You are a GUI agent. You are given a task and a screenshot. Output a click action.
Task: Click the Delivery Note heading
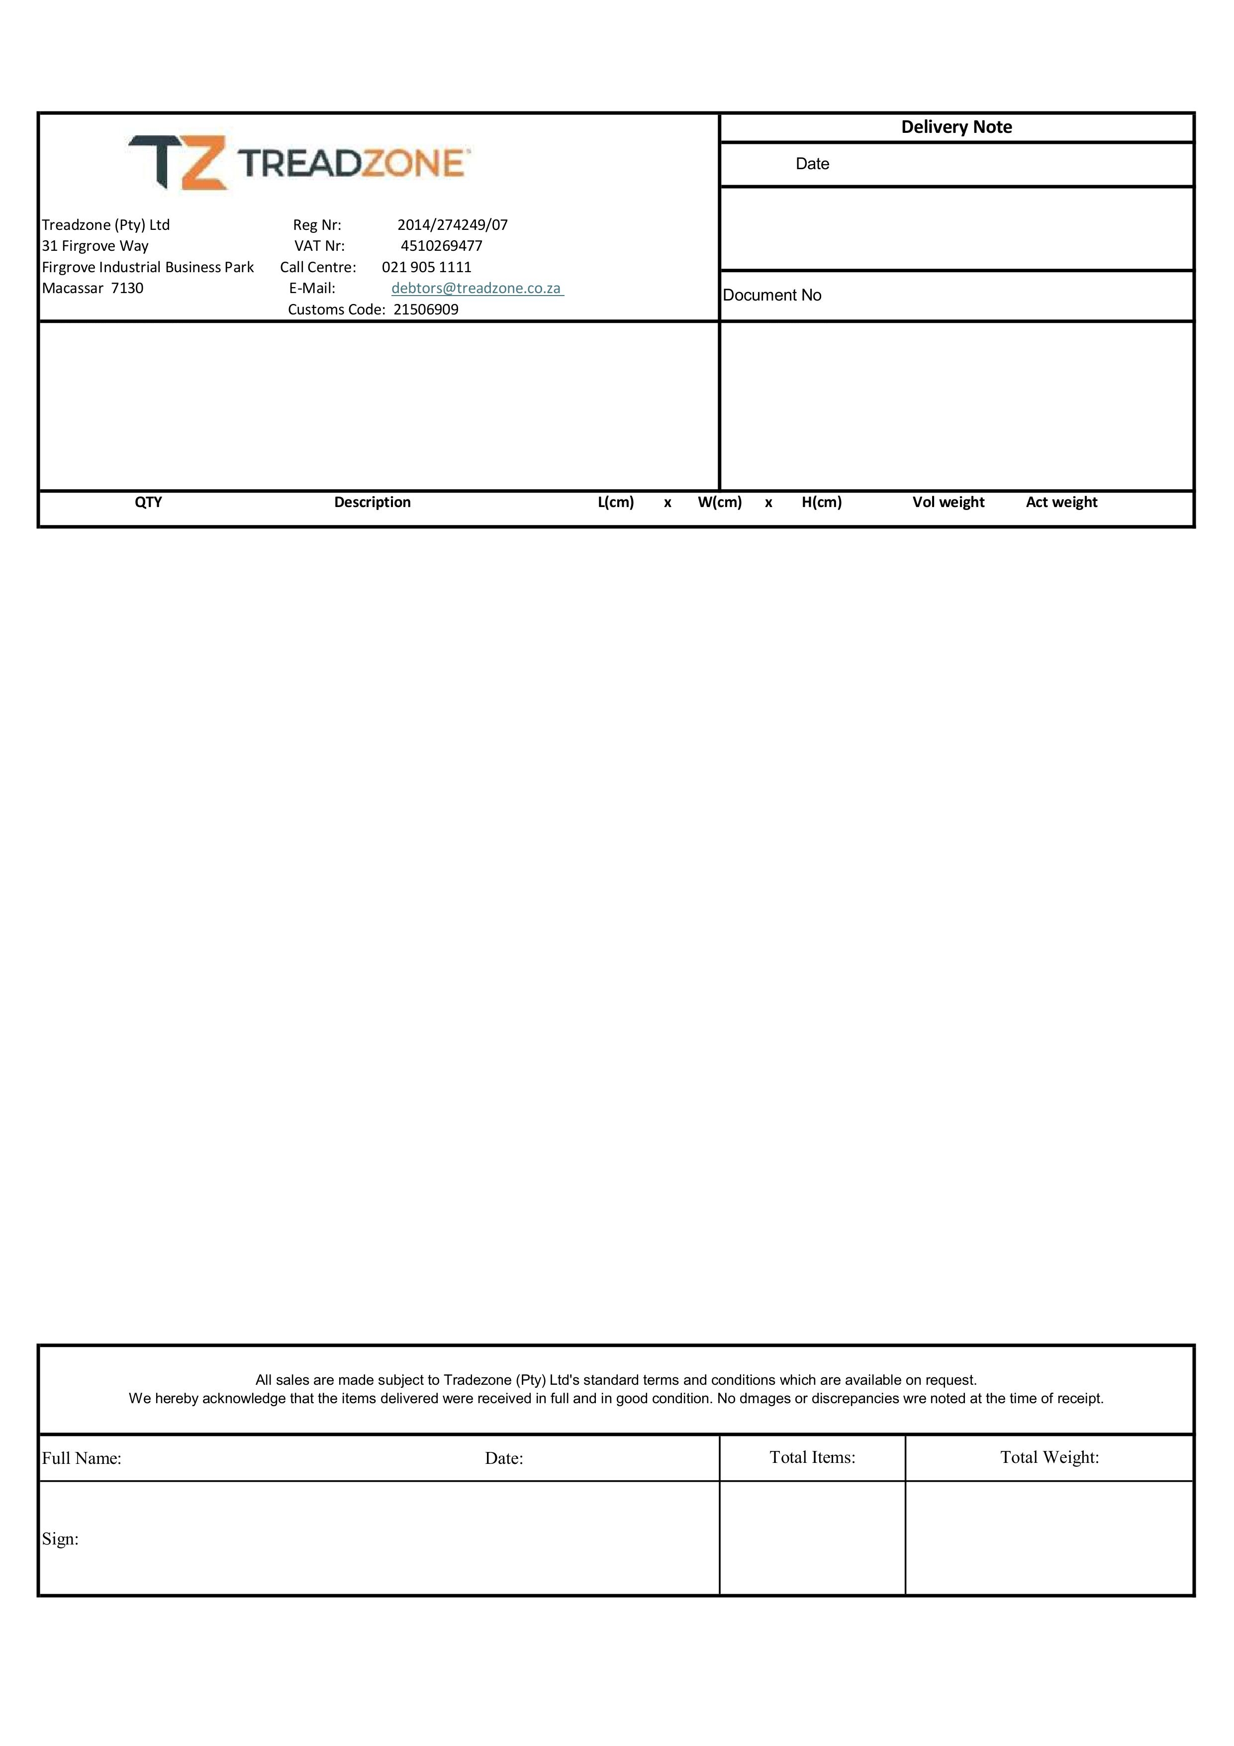[x=956, y=127]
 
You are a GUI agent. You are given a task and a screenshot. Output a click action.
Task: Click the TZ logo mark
[x=179, y=162]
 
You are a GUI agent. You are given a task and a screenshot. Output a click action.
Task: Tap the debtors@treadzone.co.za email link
[x=476, y=288]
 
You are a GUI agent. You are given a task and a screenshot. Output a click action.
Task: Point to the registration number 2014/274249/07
[x=453, y=225]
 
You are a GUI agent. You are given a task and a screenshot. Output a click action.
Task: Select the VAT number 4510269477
[x=441, y=246]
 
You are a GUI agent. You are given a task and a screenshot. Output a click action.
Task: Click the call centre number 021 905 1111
[x=427, y=267]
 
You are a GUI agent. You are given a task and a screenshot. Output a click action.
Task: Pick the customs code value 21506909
[x=426, y=309]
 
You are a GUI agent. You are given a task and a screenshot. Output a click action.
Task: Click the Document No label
[x=772, y=295]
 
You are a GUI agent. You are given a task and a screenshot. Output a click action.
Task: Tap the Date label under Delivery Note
[x=812, y=164]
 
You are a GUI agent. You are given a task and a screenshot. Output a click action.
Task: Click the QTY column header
[x=148, y=502]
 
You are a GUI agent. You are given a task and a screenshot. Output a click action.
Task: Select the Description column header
[x=373, y=502]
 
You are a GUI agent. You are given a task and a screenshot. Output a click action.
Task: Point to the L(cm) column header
[x=616, y=502]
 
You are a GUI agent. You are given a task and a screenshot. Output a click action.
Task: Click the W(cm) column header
[x=720, y=502]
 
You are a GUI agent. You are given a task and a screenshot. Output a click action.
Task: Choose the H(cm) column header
[x=822, y=502]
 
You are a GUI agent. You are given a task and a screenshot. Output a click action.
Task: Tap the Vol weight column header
[x=948, y=502]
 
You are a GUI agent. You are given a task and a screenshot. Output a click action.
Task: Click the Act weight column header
[x=1061, y=502]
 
